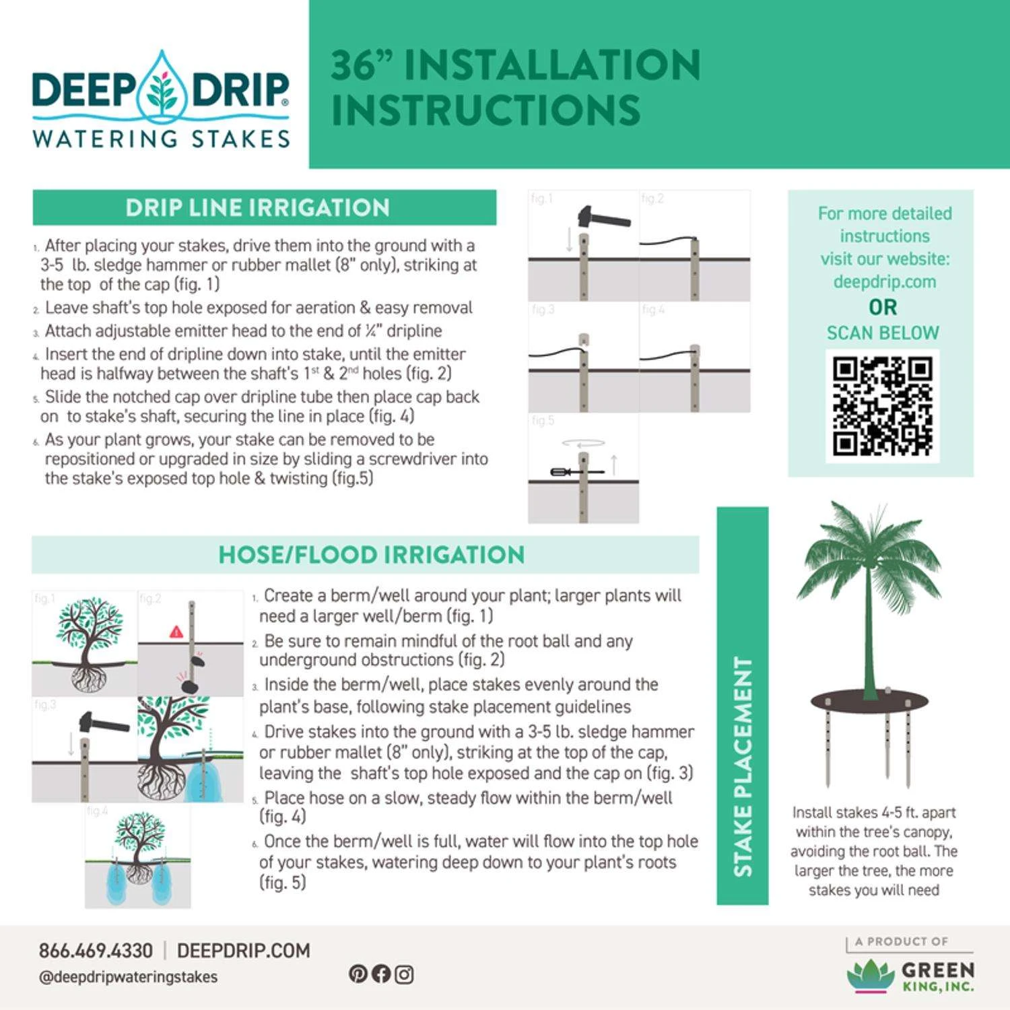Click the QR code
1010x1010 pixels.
tap(882, 406)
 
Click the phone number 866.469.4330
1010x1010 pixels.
tap(96, 951)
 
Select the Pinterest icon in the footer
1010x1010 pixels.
tap(358, 974)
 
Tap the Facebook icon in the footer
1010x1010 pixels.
tap(381, 974)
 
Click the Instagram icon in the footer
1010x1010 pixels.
tap(404, 974)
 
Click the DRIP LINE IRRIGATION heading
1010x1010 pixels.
tap(257, 207)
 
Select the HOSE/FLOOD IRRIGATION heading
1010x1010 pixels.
tap(371, 555)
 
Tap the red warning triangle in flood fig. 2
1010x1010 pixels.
tap(176, 632)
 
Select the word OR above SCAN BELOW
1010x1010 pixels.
tap(882, 308)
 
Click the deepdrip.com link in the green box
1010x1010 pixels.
tap(884, 281)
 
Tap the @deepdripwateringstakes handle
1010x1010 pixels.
tap(128, 977)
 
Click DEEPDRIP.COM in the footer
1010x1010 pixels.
tap(243, 951)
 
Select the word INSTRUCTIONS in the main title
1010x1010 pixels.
tap(485, 110)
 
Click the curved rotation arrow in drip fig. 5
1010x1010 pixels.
tap(583, 443)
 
